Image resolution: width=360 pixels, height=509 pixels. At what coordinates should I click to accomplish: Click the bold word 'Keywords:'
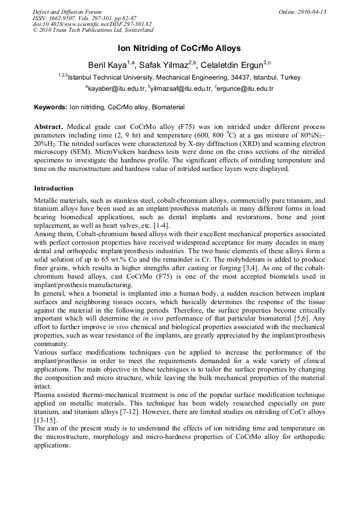point(50,107)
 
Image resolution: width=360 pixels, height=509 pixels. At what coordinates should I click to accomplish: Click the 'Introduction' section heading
point(54,188)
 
